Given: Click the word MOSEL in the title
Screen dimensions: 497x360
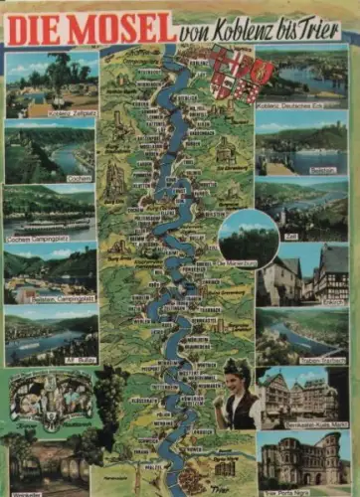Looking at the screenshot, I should coord(121,28).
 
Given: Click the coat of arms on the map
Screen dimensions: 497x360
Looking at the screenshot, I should coord(227,74).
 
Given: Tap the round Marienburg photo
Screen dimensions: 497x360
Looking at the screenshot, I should coord(248,238).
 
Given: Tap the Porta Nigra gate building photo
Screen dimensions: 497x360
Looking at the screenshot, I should coord(302,459).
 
